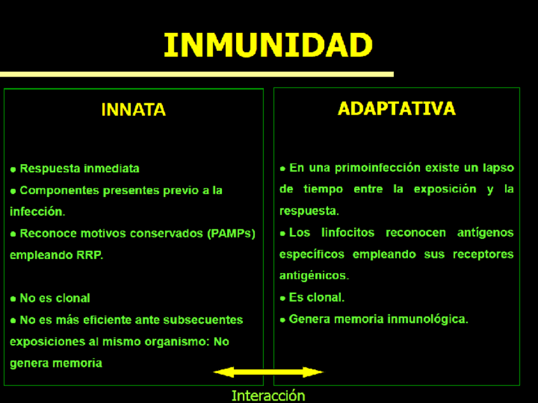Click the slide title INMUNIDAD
coord(268,45)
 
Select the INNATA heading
coord(133,110)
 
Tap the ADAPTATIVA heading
coord(397,108)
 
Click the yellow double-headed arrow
coord(268,372)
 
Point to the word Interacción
coord(268,396)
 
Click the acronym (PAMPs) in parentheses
coord(230,233)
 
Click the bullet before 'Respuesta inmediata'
coord(13,169)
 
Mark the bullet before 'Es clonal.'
coord(283,298)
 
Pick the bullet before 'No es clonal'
coord(13,298)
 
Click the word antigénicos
coord(313,276)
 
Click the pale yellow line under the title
coord(197,74)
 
